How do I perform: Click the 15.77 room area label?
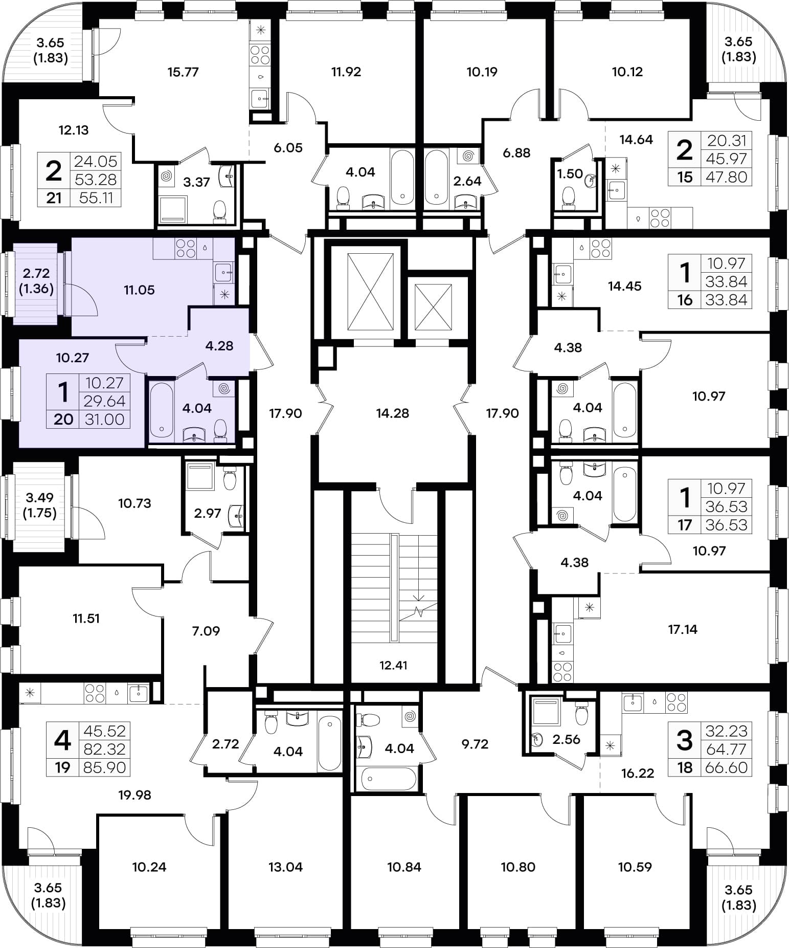coord(183,72)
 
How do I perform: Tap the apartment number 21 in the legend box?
coord(54,197)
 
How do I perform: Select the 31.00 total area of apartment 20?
coord(104,420)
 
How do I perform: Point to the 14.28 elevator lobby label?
coord(392,413)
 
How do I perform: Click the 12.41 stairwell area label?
coord(393,666)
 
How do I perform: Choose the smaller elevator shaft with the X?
coord(433,307)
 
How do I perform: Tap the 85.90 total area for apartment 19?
coord(104,768)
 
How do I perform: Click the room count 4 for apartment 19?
coord(62,740)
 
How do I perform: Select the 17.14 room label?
coord(683,630)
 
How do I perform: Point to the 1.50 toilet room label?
coord(570,174)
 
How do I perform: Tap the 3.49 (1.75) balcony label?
coord(39,505)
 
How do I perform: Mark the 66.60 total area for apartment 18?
coord(726,768)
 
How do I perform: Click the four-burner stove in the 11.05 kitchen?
coord(186,249)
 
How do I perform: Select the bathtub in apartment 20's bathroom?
coord(162,410)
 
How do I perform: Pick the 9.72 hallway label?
coord(475,744)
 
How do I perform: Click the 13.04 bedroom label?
coord(285,867)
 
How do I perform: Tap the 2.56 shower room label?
coord(567,739)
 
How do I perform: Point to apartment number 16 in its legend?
coord(685,300)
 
